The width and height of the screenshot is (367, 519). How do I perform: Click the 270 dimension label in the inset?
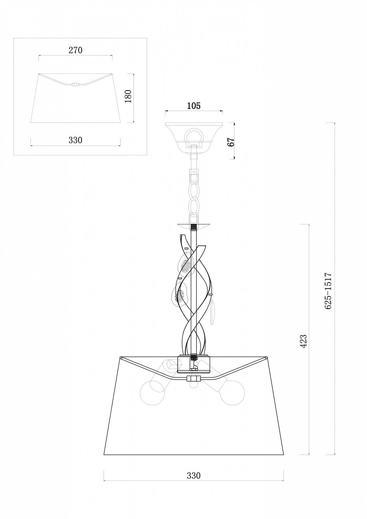(x=75, y=50)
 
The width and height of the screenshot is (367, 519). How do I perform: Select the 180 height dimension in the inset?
(x=128, y=96)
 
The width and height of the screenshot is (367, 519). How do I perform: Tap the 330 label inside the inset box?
(x=75, y=140)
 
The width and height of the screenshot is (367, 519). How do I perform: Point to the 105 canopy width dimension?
(x=193, y=106)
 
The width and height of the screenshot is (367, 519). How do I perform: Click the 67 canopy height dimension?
(x=232, y=141)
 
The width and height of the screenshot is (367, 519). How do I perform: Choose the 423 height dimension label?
(x=304, y=340)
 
